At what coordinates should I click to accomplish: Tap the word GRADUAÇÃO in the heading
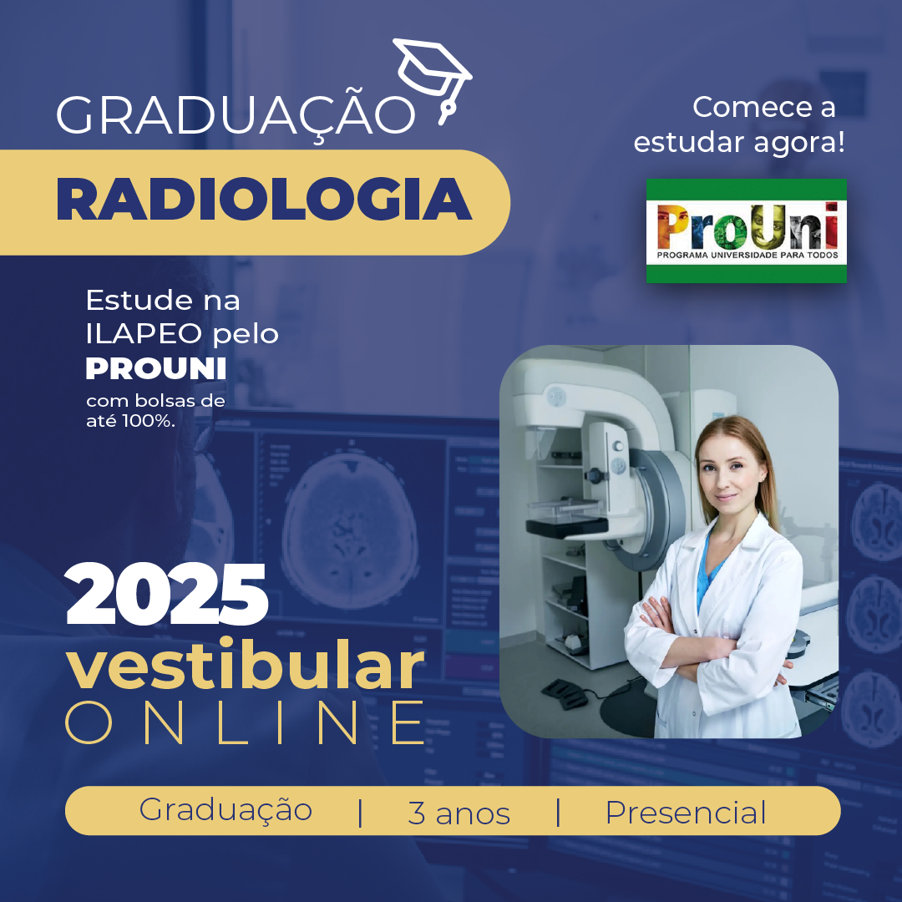tap(236, 114)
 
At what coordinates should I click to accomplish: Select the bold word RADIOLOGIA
tap(264, 199)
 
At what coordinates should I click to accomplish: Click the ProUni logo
tap(746, 231)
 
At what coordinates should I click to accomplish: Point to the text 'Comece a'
tap(763, 107)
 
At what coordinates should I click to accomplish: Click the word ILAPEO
tap(144, 333)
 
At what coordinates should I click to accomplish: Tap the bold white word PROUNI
tap(156, 369)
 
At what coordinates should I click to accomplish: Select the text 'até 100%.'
tap(130, 421)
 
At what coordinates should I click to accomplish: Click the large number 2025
tap(167, 595)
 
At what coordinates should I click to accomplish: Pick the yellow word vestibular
tap(245, 665)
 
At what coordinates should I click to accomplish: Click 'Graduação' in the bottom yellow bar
tap(225, 810)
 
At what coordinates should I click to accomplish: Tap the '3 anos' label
tap(459, 813)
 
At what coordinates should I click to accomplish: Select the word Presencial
tap(686, 813)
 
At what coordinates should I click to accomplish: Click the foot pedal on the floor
tap(564, 693)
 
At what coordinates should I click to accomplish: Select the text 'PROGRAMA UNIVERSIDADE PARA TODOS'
tap(747, 255)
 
